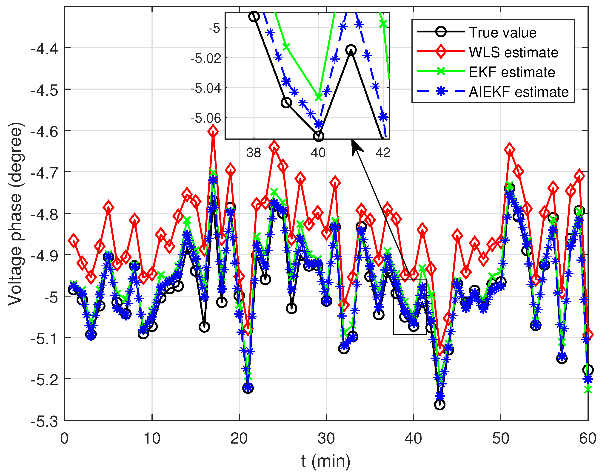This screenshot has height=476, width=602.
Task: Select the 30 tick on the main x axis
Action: [x=326, y=439]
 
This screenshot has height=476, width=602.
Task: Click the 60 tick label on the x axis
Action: [x=588, y=439]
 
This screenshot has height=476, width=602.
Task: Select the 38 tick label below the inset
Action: [x=254, y=153]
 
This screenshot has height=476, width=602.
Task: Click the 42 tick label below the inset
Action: [x=383, y=153]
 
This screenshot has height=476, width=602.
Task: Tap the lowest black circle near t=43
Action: [x=440, y=405]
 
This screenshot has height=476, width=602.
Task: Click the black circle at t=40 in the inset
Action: [x=319, y=136]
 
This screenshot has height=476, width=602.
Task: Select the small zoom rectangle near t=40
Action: [x=410, y=306]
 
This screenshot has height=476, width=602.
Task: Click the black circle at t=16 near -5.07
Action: [x=204, y=327]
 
